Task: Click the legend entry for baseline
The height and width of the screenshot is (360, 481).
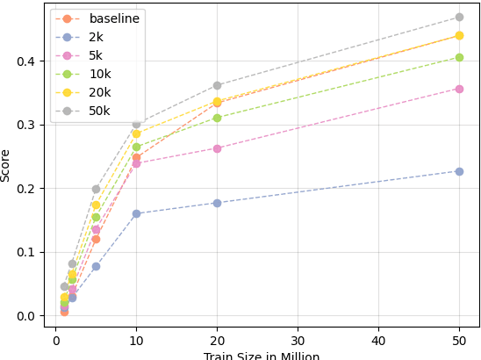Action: tap(114, 18)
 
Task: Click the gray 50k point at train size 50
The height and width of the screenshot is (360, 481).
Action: tap(459, 17)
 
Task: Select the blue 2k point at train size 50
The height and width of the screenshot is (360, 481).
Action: tap(459, 171)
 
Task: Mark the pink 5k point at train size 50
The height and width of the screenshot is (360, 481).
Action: tap(459, 89)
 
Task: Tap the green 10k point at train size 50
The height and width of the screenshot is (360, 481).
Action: tap(459, 57)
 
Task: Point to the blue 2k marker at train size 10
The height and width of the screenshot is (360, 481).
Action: tap(136, 213)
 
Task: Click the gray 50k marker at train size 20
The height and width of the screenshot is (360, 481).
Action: tap(217, 85)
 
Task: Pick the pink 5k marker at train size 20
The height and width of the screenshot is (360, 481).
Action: tap(217, 148)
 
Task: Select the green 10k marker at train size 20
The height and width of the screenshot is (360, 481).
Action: tap(217, 118)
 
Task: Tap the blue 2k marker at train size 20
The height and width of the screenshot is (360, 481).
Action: tap(217, 203)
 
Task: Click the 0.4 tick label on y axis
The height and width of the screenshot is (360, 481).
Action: tap(25, 61)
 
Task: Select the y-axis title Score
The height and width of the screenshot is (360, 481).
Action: tap(6, 164)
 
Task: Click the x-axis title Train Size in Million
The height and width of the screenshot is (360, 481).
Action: tap(262, 356)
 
